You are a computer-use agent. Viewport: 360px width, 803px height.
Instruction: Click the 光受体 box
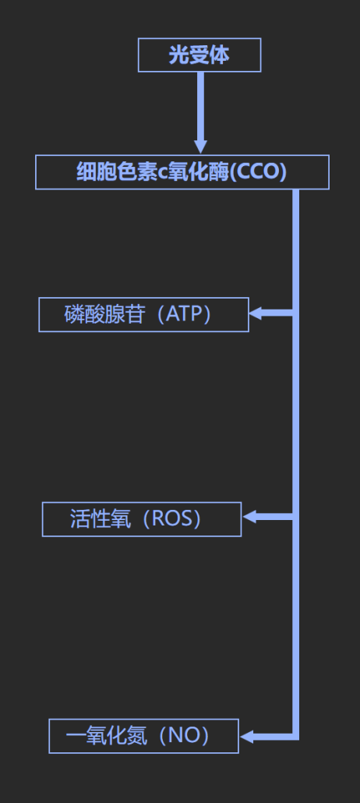[199, 55]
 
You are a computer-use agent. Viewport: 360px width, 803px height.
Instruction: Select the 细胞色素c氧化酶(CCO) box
[182, 172]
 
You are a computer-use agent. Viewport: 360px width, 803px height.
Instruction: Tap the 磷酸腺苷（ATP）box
[144, 314]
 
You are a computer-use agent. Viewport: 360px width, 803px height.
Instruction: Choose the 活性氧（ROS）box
[142, 519]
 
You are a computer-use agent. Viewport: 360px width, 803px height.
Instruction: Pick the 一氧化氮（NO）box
[144, 736]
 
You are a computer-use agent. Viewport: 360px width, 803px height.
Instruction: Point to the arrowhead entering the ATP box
[256, 313]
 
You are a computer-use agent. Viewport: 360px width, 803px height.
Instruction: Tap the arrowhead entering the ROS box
[249, 517]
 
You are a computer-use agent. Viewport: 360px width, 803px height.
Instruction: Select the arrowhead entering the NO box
[246, 737]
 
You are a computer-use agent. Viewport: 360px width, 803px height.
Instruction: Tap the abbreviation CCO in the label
[258, 172]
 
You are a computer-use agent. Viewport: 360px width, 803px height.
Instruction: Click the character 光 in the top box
[178, 55]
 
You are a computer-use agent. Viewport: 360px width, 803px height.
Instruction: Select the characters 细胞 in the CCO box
[97, 172]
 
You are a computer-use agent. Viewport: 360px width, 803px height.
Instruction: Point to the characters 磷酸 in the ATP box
[84, 314]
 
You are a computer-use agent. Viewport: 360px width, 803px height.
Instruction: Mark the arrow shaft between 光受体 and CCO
[201, 105]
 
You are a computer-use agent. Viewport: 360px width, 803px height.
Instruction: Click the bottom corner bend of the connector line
[295, 737]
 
